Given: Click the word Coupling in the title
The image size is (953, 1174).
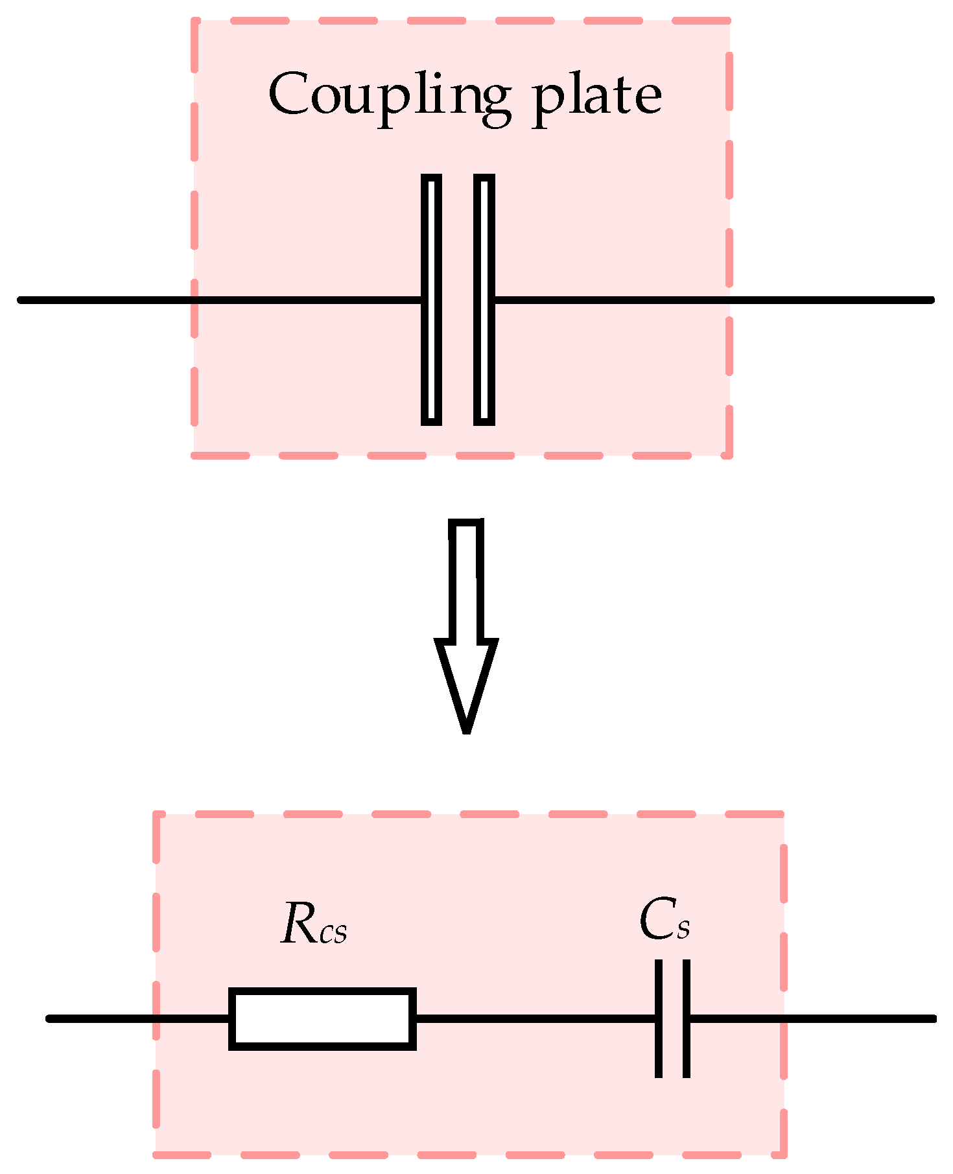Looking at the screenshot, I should point(389,97).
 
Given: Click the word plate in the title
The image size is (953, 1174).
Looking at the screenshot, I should point(596,97).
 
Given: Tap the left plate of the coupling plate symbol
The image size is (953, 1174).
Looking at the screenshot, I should point(431,299).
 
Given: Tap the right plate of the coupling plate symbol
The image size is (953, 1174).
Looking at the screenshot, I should point(484,299).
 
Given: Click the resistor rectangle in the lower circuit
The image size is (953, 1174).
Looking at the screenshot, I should point(322,1018).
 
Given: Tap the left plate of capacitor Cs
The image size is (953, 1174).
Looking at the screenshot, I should point(659,1018).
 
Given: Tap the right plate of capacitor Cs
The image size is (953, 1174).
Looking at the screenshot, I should point(687,1018).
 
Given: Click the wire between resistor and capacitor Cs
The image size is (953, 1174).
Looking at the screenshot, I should point(535,1018).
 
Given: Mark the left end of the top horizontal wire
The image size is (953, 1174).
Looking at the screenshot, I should point(21,299).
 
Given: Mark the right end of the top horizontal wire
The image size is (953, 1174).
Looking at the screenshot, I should point(930,299).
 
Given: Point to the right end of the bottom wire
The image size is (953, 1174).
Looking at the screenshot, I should point(933,1018).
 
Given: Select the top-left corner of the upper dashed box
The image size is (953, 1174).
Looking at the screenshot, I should point(194,21).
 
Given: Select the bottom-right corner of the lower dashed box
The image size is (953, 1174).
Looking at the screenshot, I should point(784,1154).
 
